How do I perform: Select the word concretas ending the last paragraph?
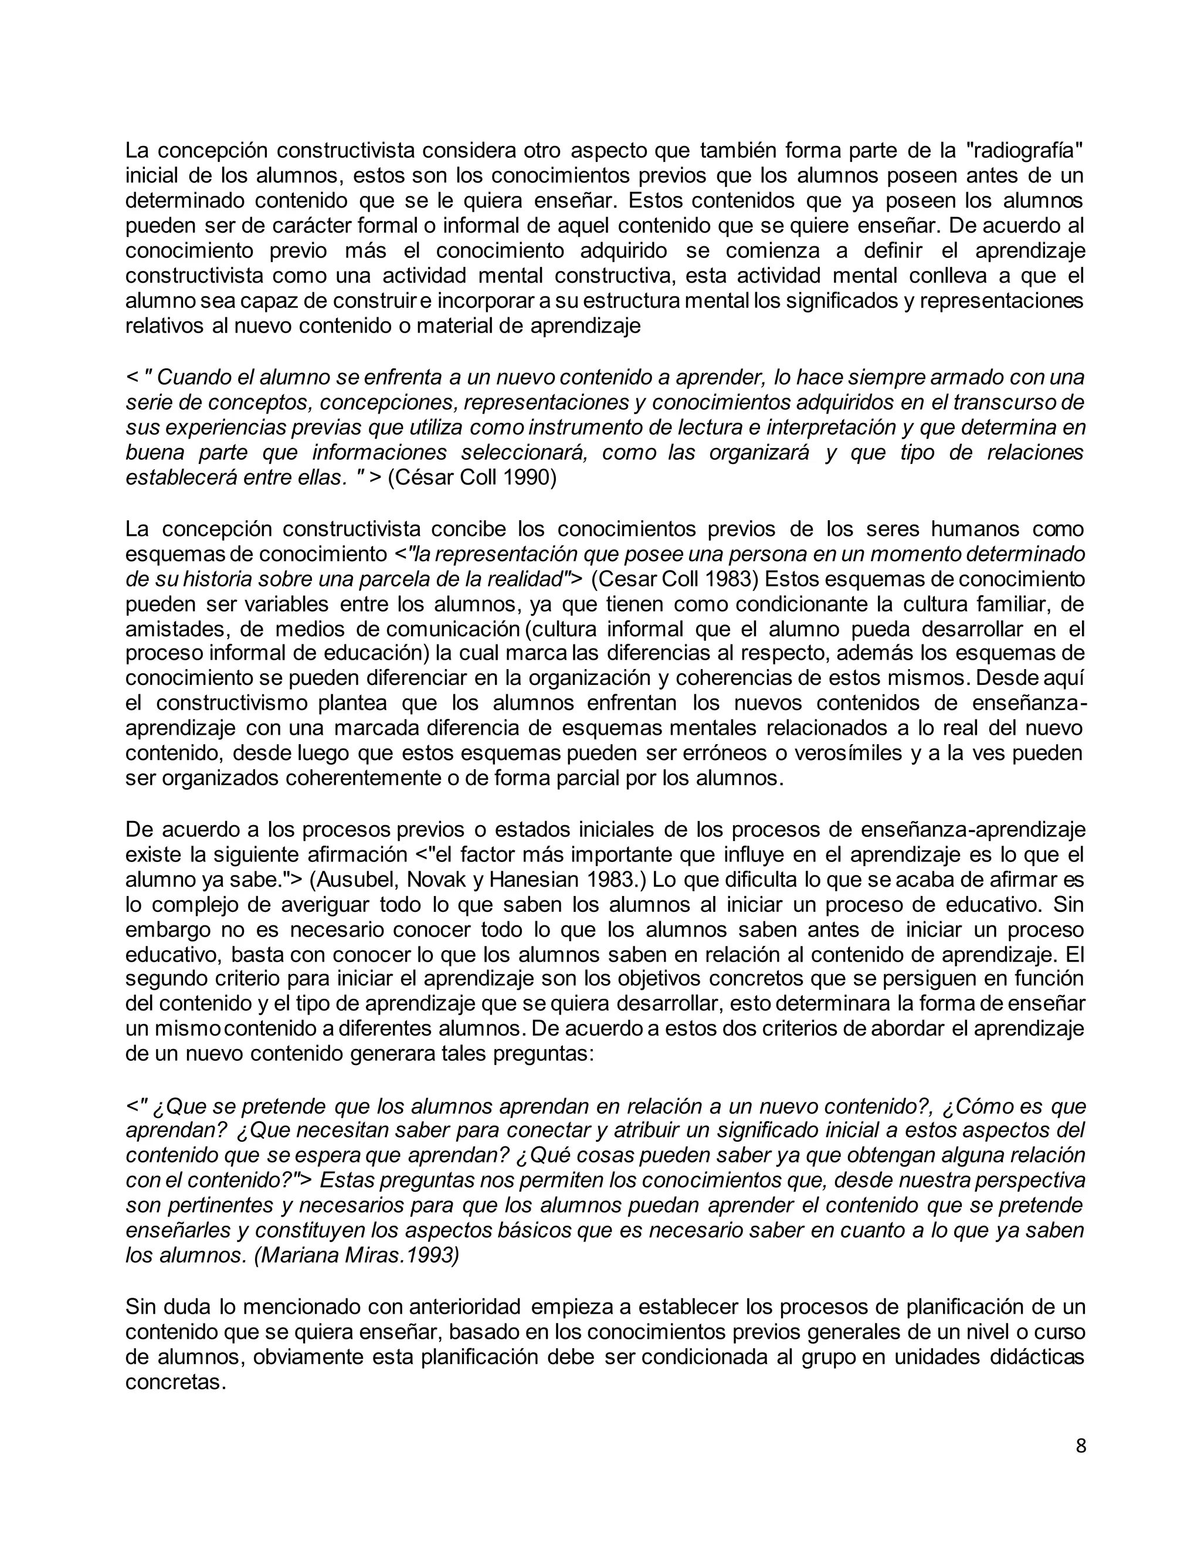[175, 1383]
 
